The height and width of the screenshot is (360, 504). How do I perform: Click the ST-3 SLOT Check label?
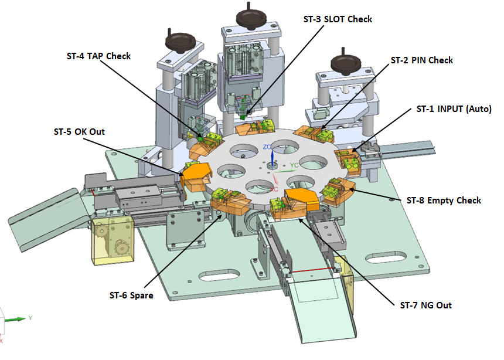point(338,19)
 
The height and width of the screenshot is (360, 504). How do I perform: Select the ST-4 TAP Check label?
point(98,56)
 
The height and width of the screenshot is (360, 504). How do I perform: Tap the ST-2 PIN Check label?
point(422,60)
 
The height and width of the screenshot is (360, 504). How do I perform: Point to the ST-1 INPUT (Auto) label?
point(454,109)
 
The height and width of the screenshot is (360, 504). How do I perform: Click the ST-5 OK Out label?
point(79,132)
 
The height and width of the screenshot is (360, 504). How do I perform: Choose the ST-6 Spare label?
point(131,296)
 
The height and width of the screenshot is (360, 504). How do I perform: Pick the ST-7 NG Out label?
point(425,305)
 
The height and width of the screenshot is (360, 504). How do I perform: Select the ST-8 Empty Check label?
point(444,201)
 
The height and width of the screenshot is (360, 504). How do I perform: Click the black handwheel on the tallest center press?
point(251,18)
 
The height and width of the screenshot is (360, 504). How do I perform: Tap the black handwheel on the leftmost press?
point(181,42)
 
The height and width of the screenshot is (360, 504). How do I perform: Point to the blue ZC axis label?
point(267,147)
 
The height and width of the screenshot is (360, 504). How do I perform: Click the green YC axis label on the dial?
point(294,165)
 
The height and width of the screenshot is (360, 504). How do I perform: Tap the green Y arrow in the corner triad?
point(15,319)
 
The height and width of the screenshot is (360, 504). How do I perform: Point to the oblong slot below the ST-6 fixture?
point(219,275)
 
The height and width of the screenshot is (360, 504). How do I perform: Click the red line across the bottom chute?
point(312,270)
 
